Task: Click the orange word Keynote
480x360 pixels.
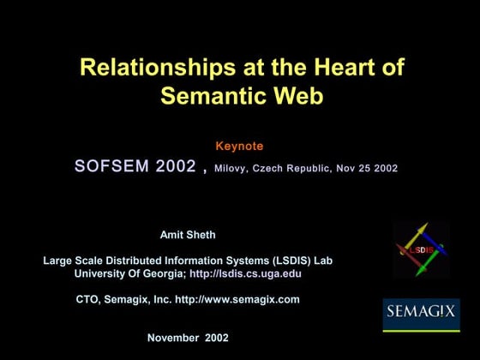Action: pyautogui.click(x=239, y=147)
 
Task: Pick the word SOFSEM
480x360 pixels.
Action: pyautogui.click(x=111, y=167)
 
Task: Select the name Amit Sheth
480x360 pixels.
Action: pyautogui.click(x=188, y=235)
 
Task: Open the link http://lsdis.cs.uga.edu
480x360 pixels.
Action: pyautogui.click(x=245, y=273)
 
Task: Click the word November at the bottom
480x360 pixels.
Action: pyautogui.click(x=174, y=338)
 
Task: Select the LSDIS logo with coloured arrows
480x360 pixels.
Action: pyautogui.click(x=420, y=249)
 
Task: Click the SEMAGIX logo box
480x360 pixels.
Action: pyautogui.click(x=421, y=315)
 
